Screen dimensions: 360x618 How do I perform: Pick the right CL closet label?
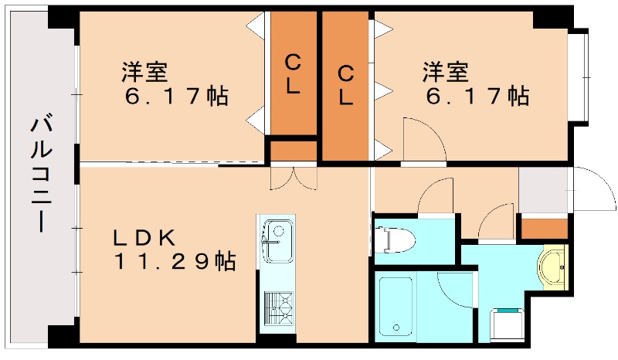(x=346, y=86)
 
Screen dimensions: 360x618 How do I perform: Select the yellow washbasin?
(x=552, y=267)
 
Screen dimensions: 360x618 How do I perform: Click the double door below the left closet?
(x=293, y=178)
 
